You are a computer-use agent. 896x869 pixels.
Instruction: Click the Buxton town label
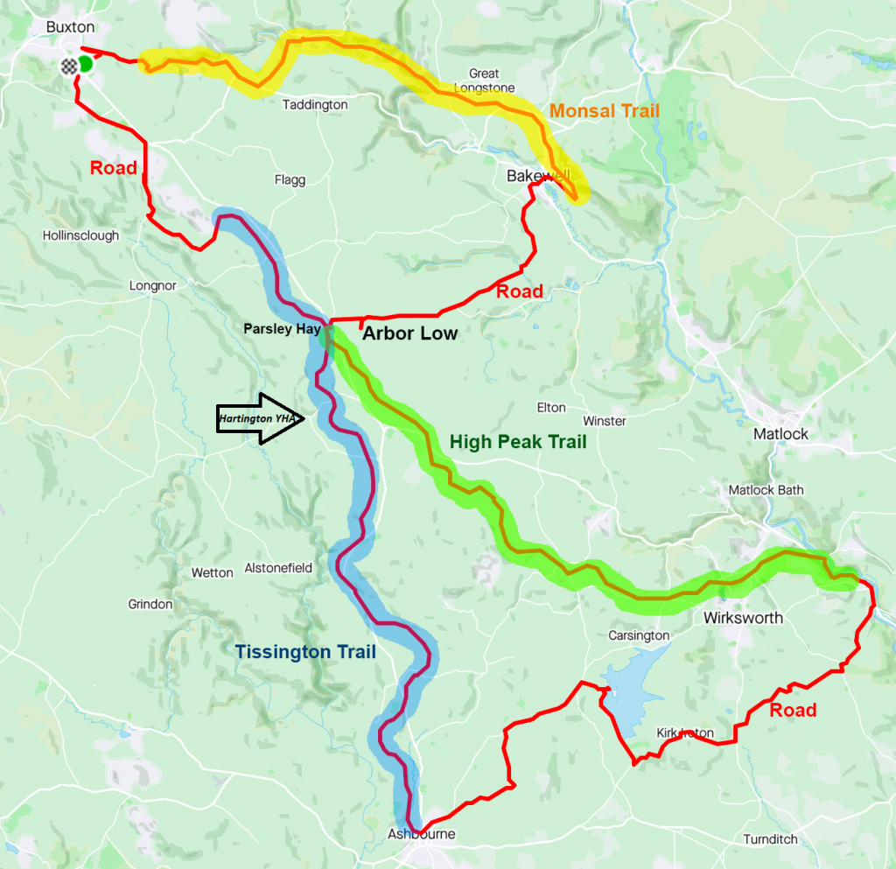tap(70, 27)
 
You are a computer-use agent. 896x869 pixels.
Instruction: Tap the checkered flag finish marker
tap(69, 67)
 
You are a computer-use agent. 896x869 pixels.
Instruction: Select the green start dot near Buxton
tap(85, 64)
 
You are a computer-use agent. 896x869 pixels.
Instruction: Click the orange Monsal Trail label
tap(604, 111)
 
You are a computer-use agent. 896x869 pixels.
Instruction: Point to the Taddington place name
tap(315, 105)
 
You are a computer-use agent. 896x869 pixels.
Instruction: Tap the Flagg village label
tap(290, 180)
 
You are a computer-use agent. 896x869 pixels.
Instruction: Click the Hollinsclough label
tap(80, 235)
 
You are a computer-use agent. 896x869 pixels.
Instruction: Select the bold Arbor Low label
tap(409, 333)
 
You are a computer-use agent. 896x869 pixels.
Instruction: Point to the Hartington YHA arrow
tap(260, 419)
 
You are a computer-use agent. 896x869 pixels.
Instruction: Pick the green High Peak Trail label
tap(517, 442)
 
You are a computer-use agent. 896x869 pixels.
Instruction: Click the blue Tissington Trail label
tap(304, 652)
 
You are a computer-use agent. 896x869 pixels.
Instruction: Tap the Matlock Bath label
tap(766, 490)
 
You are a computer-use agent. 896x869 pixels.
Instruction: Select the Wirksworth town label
tap(743, 618)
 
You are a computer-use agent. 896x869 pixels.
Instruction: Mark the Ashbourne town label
tap(422, 834)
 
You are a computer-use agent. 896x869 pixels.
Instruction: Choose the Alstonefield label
tap(278, 568)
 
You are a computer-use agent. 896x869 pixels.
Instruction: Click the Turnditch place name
tap(770, 839)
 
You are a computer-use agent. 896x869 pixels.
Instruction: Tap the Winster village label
tap(605, 421)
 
